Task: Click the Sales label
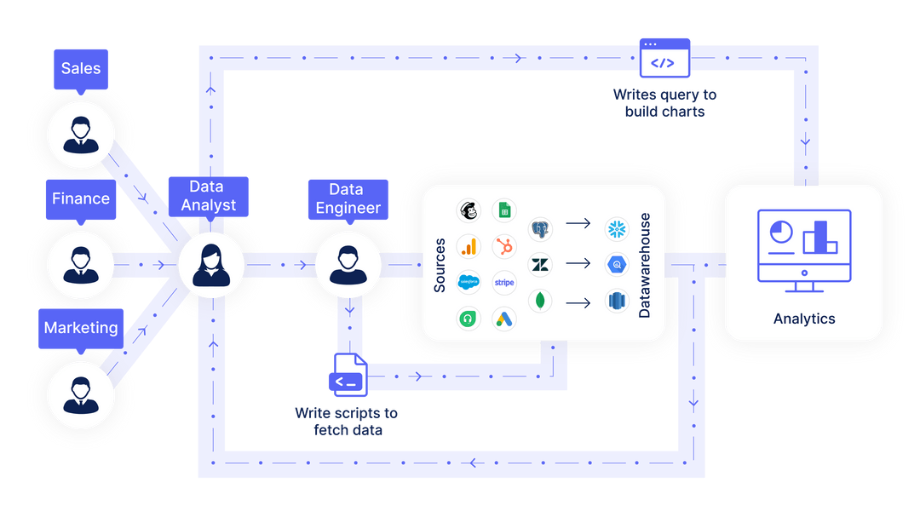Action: (81, 68)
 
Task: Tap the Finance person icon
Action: (81, 265)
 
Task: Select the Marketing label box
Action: (81, 328)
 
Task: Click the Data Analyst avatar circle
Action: (211, 265)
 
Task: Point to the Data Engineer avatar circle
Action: (348, 265)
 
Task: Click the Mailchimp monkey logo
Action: (469, 210)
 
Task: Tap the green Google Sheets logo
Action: (504, 210)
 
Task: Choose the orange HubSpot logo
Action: (504, 247)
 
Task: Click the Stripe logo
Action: (504, 283)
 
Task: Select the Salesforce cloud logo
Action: (469, 283)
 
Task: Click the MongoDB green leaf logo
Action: (540, 301)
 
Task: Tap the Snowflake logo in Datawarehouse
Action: (617, 228)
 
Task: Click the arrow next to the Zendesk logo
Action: (578, 263)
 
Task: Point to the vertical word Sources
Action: (440, 265)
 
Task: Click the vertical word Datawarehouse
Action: (644, 265)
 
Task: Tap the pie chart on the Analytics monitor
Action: (779, 233)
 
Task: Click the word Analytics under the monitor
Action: (804, 319)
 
